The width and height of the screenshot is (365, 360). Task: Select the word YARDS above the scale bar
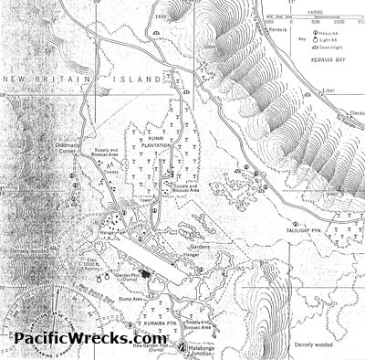pyautogui.click(x=314, y=13)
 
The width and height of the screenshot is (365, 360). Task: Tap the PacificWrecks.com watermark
pyautogui.click(x=90, y=338)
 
